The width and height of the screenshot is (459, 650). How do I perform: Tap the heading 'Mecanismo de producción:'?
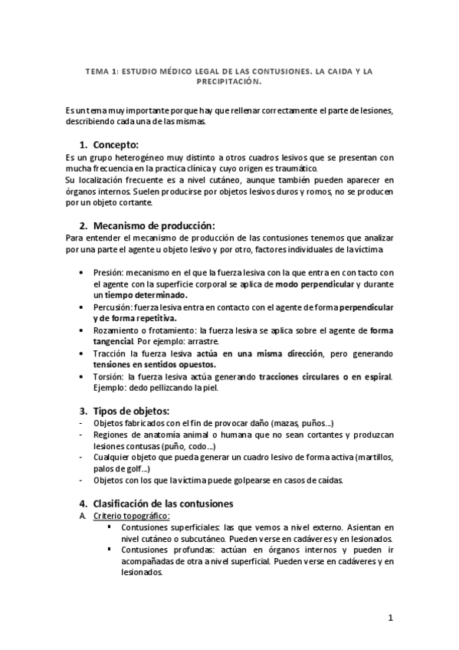153,225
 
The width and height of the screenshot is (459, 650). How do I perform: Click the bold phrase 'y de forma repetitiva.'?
134,317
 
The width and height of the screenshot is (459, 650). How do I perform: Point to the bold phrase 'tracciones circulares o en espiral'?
325,376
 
